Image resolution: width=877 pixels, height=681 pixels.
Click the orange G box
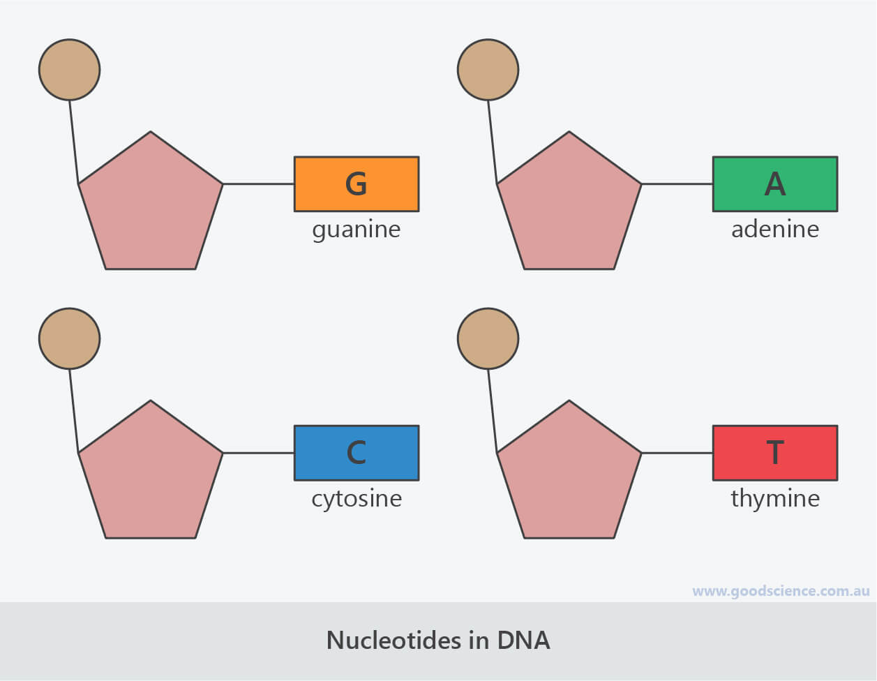point(357,184)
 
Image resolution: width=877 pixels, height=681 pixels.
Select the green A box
point(774,184)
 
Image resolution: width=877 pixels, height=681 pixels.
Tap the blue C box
point(357,453)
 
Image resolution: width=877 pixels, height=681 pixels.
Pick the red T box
point(774,453)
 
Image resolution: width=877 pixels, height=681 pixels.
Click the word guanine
point(357,230)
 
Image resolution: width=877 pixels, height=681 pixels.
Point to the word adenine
point(774,230)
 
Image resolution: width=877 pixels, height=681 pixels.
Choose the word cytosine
point(357,499)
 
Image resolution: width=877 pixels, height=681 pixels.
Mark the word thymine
point(774,499)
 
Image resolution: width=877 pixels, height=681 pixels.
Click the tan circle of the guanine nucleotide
point(69,70)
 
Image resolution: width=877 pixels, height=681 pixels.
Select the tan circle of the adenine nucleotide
point(488,70)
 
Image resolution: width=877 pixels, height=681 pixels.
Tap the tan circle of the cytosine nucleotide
point(69,339)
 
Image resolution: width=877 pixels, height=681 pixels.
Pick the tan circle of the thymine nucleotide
point(488,339)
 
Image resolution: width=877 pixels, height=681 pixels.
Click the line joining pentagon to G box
point(258,184)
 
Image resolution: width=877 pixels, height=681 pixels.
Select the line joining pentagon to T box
point(677,453)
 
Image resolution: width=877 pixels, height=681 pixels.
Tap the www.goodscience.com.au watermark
point(781,591)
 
